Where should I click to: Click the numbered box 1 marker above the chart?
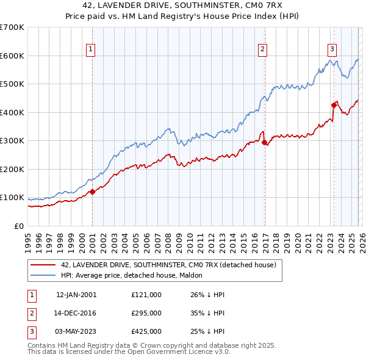(x=90, y=49)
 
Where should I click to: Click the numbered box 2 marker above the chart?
(x=263, y=49)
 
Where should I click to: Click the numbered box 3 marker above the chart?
(x=332, y=49)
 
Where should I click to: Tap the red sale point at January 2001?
(x=92, y=192)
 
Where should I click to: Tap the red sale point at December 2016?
(x=264, y=142)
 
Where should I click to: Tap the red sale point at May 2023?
(x=334, y=105)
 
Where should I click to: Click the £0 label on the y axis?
(x=18, y=226)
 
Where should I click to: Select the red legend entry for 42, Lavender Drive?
(x=168, y=265)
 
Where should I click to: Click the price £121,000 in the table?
(x=146, y=295)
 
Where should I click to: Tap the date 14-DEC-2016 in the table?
(x=76, y=313)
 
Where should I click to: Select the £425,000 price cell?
(x=146, y=331)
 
